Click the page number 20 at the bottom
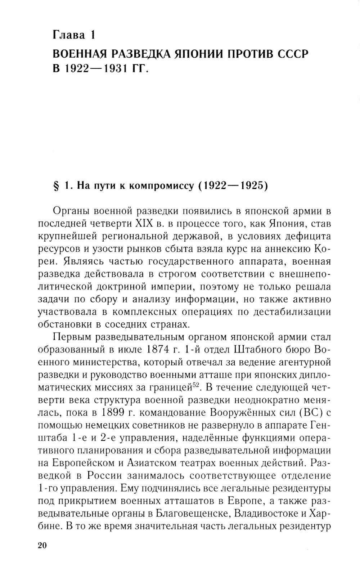[42, 546]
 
